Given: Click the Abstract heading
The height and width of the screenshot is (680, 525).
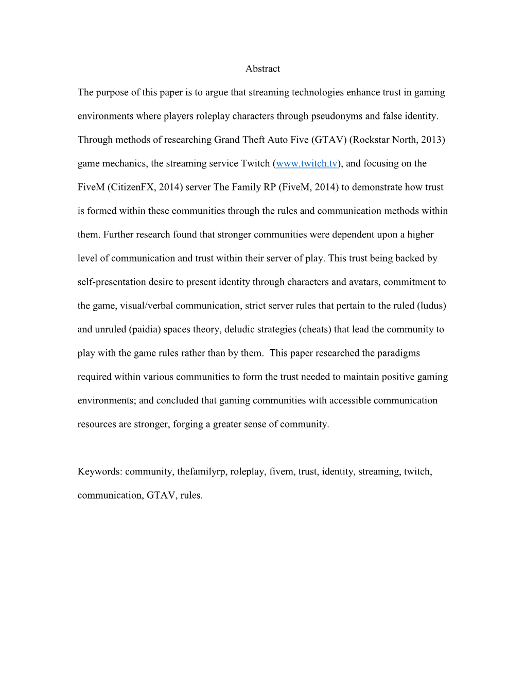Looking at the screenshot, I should (262, 69).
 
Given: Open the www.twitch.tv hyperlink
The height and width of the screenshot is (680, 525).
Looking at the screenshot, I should (307, 163).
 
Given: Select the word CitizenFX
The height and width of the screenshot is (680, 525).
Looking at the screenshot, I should (132, 187).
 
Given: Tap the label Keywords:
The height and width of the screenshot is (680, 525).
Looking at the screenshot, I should (100, 471).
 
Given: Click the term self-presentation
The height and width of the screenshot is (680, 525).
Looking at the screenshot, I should (112, 282).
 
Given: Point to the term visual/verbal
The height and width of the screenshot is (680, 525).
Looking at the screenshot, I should (147, 305).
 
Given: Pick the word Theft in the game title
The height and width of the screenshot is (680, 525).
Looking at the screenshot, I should (252, 140).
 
